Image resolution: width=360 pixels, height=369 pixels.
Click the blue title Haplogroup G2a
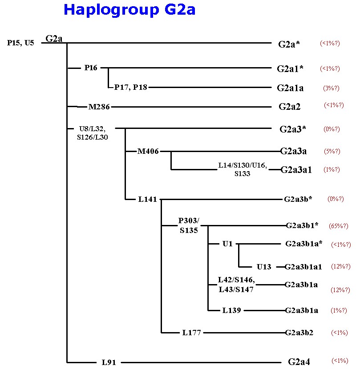pyautogui.click(x=129, y=10)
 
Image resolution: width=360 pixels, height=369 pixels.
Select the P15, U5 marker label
pyautogui.click(x=20, y=43)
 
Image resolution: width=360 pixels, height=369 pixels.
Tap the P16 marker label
pyautogui.click(x=91, y=68)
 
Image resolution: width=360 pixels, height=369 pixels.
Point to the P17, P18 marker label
pyautogui.click(x=130, y=87)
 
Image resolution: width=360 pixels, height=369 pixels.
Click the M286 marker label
pyautogui.click(x=99, y=107)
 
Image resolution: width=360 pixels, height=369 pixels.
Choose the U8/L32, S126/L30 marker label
pyautogui.click(x=93, y=133)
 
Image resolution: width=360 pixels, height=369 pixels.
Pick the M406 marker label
pyautogui.click(x=148, y=151)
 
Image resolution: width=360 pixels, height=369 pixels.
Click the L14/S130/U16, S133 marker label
pyautogui.click(x=243, y=169)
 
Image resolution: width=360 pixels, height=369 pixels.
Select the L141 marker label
pyautogui.click(x=147, y=199)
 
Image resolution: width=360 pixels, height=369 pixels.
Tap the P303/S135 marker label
pyautogui.click(x=189, y=225)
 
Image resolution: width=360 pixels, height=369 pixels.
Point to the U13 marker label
pyautogui.click(x=264, y=267)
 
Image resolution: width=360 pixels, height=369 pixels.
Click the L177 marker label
pyautogui.click(x=191, y=333)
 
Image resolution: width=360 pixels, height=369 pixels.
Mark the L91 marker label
pyautogui.click(x=109, y=362)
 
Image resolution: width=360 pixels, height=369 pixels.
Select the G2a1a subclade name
pyautogui.click(x=290, y=88)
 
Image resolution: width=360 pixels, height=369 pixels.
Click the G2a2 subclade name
pyautogui.click(x=290, y=107)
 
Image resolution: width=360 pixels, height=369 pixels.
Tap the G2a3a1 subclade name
pyautogui.click(x=296, y=170)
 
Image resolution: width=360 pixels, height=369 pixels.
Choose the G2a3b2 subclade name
pyautogui.click(x=299, y=333)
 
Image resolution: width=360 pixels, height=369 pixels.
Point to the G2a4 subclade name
pyautogui.click(x=299, y=362)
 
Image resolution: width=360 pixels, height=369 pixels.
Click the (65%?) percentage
pyautogui.click(x=339, y=226)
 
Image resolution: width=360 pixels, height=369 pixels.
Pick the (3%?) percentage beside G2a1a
pyautogui.click(x=331, y=88)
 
